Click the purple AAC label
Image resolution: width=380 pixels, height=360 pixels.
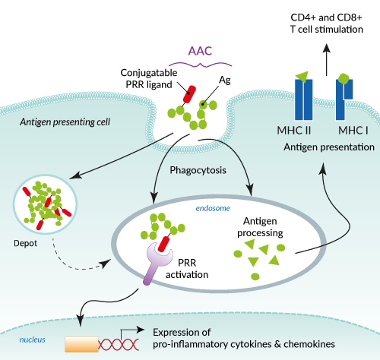click(x=200, y=51)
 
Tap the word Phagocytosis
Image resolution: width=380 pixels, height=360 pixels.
click(x=198, y=170)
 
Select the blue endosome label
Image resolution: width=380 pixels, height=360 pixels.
click(x=213, y=208)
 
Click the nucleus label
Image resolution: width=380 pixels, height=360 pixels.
click(x=33, y=339)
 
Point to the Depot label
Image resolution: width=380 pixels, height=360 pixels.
click(x=25, y=243)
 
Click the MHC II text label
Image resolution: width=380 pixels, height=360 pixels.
click(x=294, y=131)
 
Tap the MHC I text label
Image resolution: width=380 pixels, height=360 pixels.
click(x=353, y=131)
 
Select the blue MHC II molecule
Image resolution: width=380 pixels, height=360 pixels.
click(x=303, y=99)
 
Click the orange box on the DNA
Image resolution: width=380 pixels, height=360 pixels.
click(x=81, y=344)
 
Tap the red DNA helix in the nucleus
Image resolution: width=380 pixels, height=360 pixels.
click(x=119, y=345)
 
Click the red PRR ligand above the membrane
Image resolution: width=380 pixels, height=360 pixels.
click(x=189, y=94)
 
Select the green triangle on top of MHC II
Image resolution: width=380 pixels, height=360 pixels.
click(x=302, y=77)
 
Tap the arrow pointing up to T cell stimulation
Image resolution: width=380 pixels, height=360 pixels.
click(x=327, y=60)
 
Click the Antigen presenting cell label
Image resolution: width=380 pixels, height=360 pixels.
click(x=65, y=122)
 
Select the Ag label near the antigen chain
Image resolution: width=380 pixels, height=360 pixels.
click(x=225, y=81)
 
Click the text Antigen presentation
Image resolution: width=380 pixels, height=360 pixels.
click(x=329, y=147)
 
